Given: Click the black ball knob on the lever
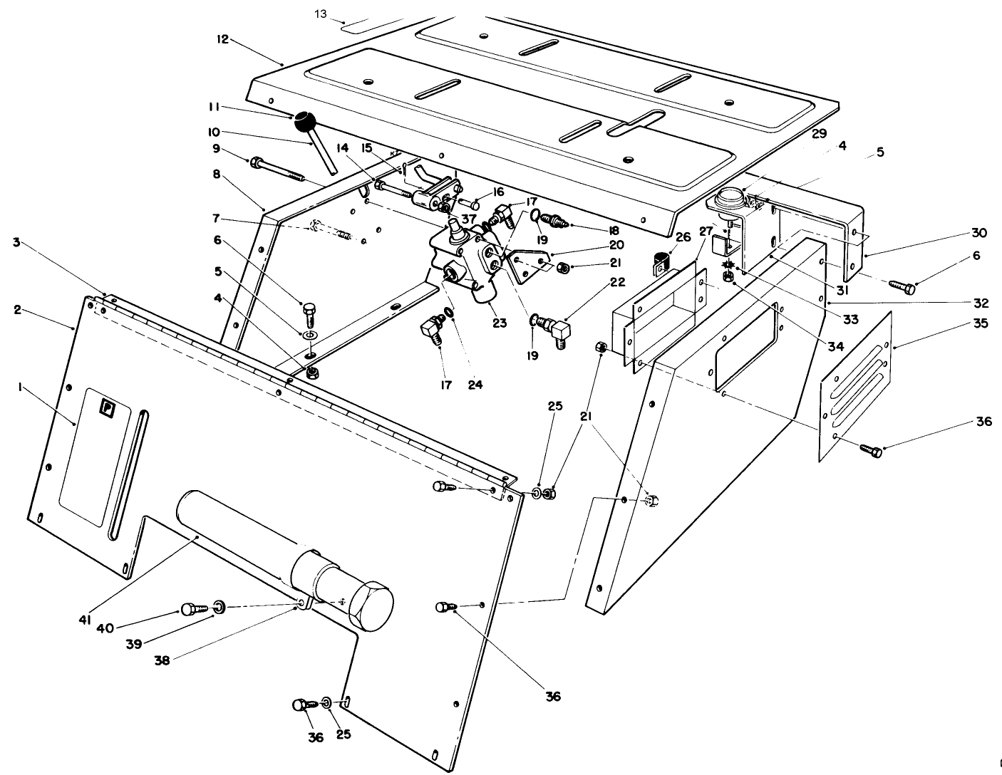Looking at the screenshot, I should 306,122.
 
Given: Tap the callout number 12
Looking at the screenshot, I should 223,39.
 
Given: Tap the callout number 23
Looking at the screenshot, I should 499,323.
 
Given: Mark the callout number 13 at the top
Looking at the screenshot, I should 320,14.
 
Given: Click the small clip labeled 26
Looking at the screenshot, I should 662,264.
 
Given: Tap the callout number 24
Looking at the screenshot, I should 475,385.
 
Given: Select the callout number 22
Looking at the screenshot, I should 616,282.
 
